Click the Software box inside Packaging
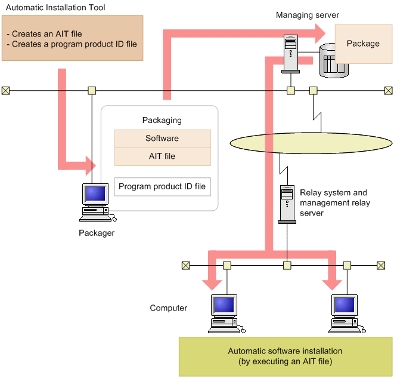pyautogui.click(x=162, y=139)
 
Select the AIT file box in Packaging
pyautogui.click(x=162, y=156)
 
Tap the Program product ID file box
pyautogui.click(x=162, y=187)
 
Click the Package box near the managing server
pyautogui.click(x=363, y=44)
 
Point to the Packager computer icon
pyautogui.click(x=95, y=199)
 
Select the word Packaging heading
pyautogui.click(x=162, y=120)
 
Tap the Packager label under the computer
pyautogui.click(x=97, y=233)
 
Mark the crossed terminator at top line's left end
pyautogui.click(x=5, y=91)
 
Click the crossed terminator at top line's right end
pyautogui.click(x=389, y=91)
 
